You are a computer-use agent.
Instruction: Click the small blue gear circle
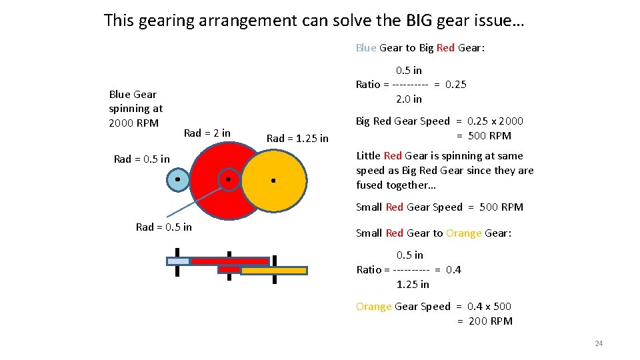[x=177, y=180]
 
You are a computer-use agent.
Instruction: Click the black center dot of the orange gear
[x=273, y=180]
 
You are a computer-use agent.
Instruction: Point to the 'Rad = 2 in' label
[x=207, y=133]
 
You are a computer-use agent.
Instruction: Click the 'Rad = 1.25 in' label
[x=297, y=139]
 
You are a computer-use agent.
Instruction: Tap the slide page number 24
[x=598, y=343]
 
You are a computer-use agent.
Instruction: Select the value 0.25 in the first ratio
[x=456, y=85]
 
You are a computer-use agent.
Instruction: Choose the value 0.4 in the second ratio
[x=453, y=270]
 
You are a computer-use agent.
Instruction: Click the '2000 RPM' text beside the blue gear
[x=133, y=123]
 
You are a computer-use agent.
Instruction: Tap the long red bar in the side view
[x=229, y=261]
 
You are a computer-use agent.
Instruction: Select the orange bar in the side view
[x=274, y=271]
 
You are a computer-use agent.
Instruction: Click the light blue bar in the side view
[x=178, y=261]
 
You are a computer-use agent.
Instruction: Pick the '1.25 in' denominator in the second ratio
[x=413, y=285]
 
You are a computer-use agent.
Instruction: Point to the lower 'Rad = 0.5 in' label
[x=163, y=227]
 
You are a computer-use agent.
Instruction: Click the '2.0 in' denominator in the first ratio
[x=409, y=99]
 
